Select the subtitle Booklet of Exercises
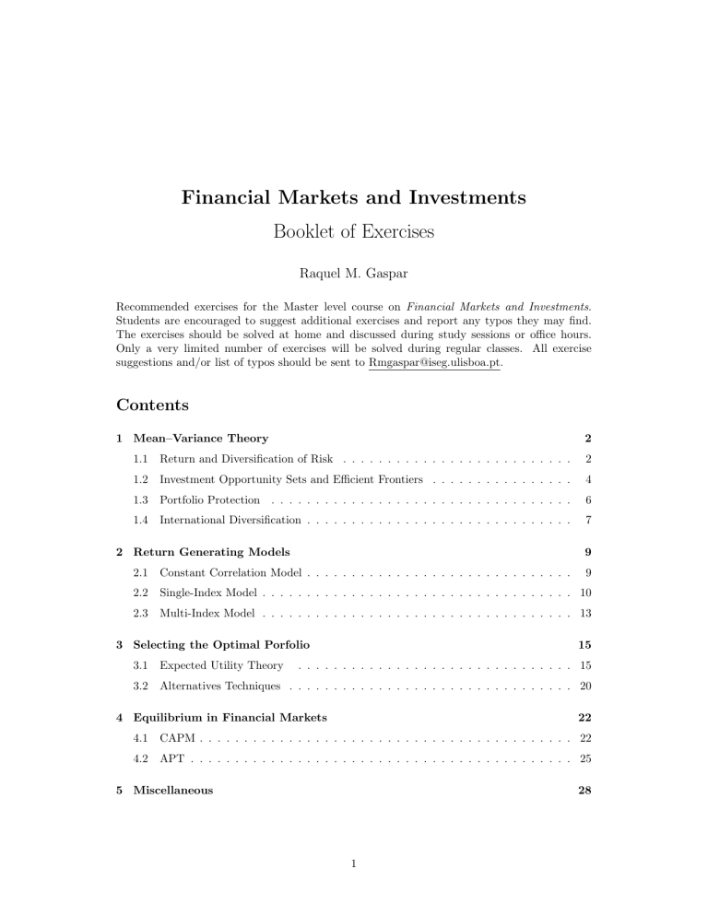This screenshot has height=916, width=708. click(354, 230)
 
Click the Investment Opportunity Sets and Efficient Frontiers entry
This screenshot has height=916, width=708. click(290, 480)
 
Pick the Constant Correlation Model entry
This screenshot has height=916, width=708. click(231, 576)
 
